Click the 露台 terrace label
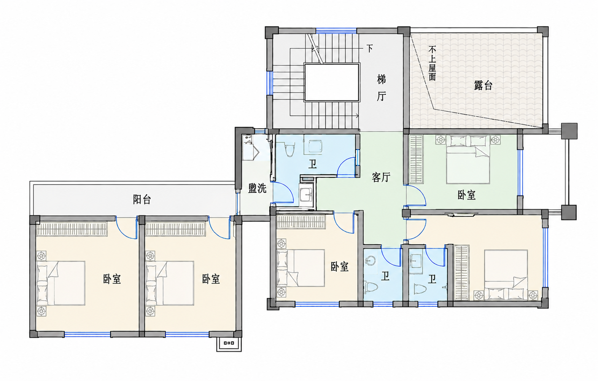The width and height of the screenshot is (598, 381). tap(483, 86)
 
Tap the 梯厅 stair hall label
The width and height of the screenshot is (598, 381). tap(381, 88)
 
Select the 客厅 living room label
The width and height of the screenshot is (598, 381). tap(381, 177)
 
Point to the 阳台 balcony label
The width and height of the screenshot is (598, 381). tap(142, 199)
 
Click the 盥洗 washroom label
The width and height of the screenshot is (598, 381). tap(258, 188)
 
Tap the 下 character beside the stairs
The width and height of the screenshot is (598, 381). tap(369, 49)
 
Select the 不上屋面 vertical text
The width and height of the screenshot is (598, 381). tap(432, 63)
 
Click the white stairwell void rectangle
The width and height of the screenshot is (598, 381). tap(332, 82)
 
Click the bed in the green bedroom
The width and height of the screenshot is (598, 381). tap(468, 159)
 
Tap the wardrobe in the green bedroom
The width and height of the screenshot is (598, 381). tap(416, 159)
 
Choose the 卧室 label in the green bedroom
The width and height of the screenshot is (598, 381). tap(467, 195)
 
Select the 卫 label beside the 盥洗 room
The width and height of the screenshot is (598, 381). tap(312, 164)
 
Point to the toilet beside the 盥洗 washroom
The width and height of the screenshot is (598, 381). tap(289, 149)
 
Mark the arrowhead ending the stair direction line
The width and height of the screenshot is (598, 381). tap(357, 116)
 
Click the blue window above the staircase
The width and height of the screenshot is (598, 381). tap(336, 30)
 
